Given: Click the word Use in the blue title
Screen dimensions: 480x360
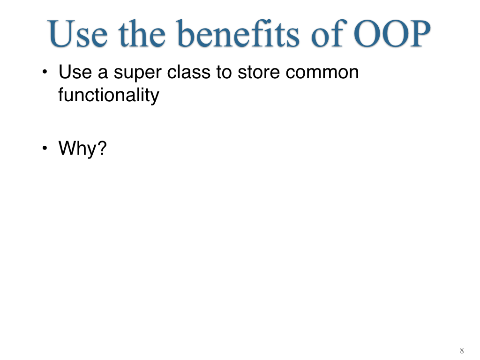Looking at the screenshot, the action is (x=78, y=33).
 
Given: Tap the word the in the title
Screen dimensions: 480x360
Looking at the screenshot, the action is (x=142, y=33).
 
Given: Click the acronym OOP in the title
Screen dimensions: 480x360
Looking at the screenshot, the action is (x=392, y=33).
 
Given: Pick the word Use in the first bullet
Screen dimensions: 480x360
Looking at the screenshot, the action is (x=75, y=72).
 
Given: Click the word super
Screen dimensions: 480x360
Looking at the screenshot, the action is (x=137, y=74).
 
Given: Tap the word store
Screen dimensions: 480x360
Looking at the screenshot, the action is (x=259, y=73).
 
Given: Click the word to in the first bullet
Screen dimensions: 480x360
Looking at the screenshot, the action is (x=224, y=73).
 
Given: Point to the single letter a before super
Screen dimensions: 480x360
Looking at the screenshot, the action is (x=103, y=74).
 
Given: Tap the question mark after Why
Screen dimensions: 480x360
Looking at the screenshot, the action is (x=102, y=148).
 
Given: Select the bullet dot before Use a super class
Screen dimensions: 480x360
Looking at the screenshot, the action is (x=45, y=72).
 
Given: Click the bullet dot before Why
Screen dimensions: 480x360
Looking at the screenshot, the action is (x=45, y=148).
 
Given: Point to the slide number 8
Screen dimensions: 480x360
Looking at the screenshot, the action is (x=462, y=351).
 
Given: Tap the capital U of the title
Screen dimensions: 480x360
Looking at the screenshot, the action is (x=63, y=34).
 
